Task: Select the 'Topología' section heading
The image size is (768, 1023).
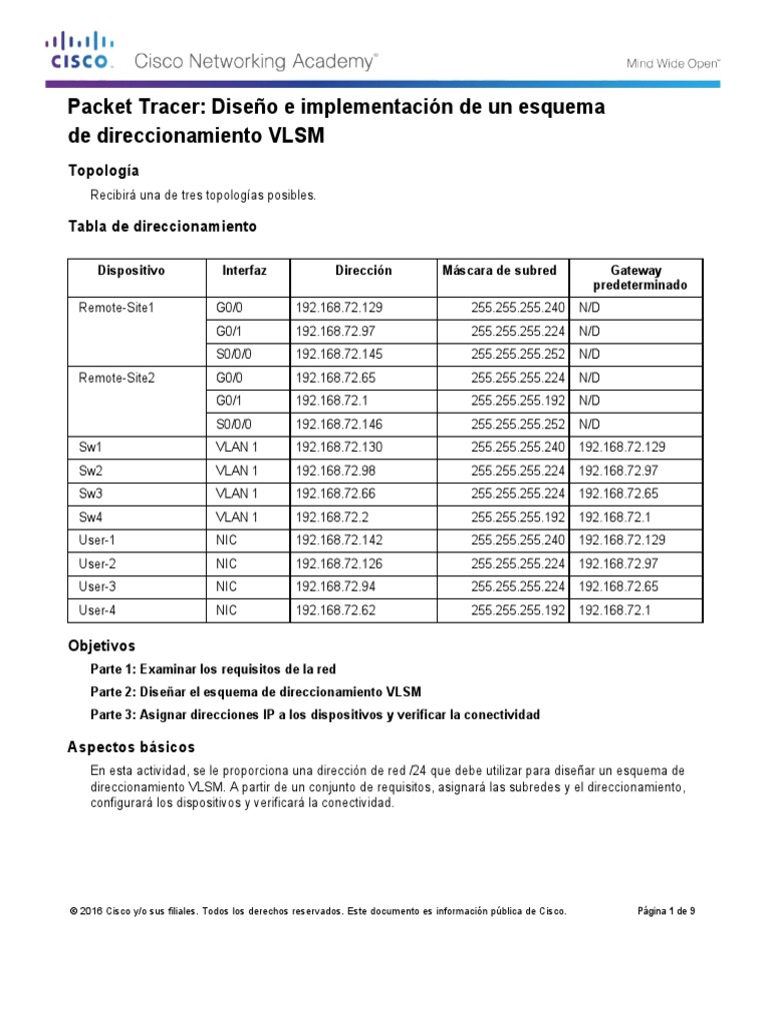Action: point(103,170)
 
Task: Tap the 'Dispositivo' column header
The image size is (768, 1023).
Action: point(131,271)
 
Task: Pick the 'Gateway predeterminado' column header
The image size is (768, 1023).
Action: point(636,278)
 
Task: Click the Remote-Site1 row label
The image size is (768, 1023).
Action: point(117,308)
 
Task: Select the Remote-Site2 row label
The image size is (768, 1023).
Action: point(117,378)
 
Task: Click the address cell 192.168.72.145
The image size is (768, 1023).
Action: point(340,355)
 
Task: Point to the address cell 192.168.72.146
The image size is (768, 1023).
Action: point(340,425)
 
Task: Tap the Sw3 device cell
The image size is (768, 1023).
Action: point(91,494)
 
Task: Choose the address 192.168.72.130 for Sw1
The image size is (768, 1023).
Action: point(340,448)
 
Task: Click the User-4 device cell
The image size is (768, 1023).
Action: point(97,609)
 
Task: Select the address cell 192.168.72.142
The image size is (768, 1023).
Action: point(340,540)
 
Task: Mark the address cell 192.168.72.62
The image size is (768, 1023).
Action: point(336,609)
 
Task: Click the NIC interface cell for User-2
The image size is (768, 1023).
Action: point(226,563)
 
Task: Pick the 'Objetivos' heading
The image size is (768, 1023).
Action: point(101,646)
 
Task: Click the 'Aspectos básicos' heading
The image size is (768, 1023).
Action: point(131,747)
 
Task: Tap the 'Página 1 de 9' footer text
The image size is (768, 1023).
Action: point(666,911)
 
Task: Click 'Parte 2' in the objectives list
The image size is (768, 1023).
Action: point(113,691)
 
